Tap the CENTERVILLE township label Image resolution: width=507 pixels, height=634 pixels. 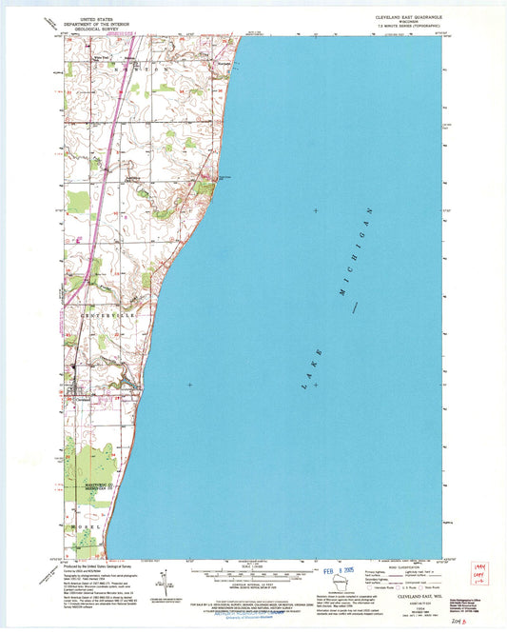pyautogui.click(x=100, y=312)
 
